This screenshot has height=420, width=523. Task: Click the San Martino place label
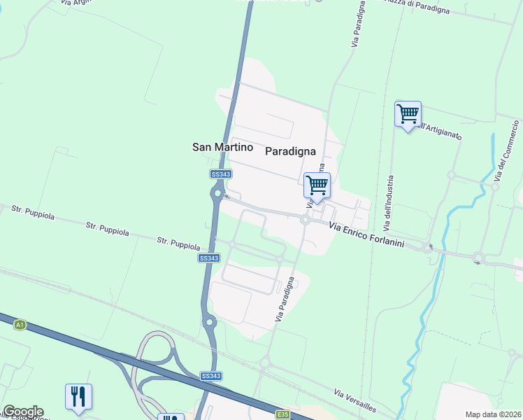click(x=222, y=147)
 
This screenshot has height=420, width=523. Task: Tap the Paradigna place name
click(x=290, y=150)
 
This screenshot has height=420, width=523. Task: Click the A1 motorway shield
click(x=20, y=324)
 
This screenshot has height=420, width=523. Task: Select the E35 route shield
click(x=282, y=415)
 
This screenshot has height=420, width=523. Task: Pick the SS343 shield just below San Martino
click(x=220, y=174)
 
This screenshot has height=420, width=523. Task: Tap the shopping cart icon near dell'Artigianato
click(x=408, y=113)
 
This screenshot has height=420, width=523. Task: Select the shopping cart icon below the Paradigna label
click(x=317, y=185)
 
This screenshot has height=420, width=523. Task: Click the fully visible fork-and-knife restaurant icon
click(x=78, y=396)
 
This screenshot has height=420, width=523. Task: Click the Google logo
click(x=22, y=412)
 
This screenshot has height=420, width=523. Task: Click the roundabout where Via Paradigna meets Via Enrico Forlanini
click(x=305, y=220)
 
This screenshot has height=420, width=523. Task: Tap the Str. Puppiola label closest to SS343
click(x=178, y=244)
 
